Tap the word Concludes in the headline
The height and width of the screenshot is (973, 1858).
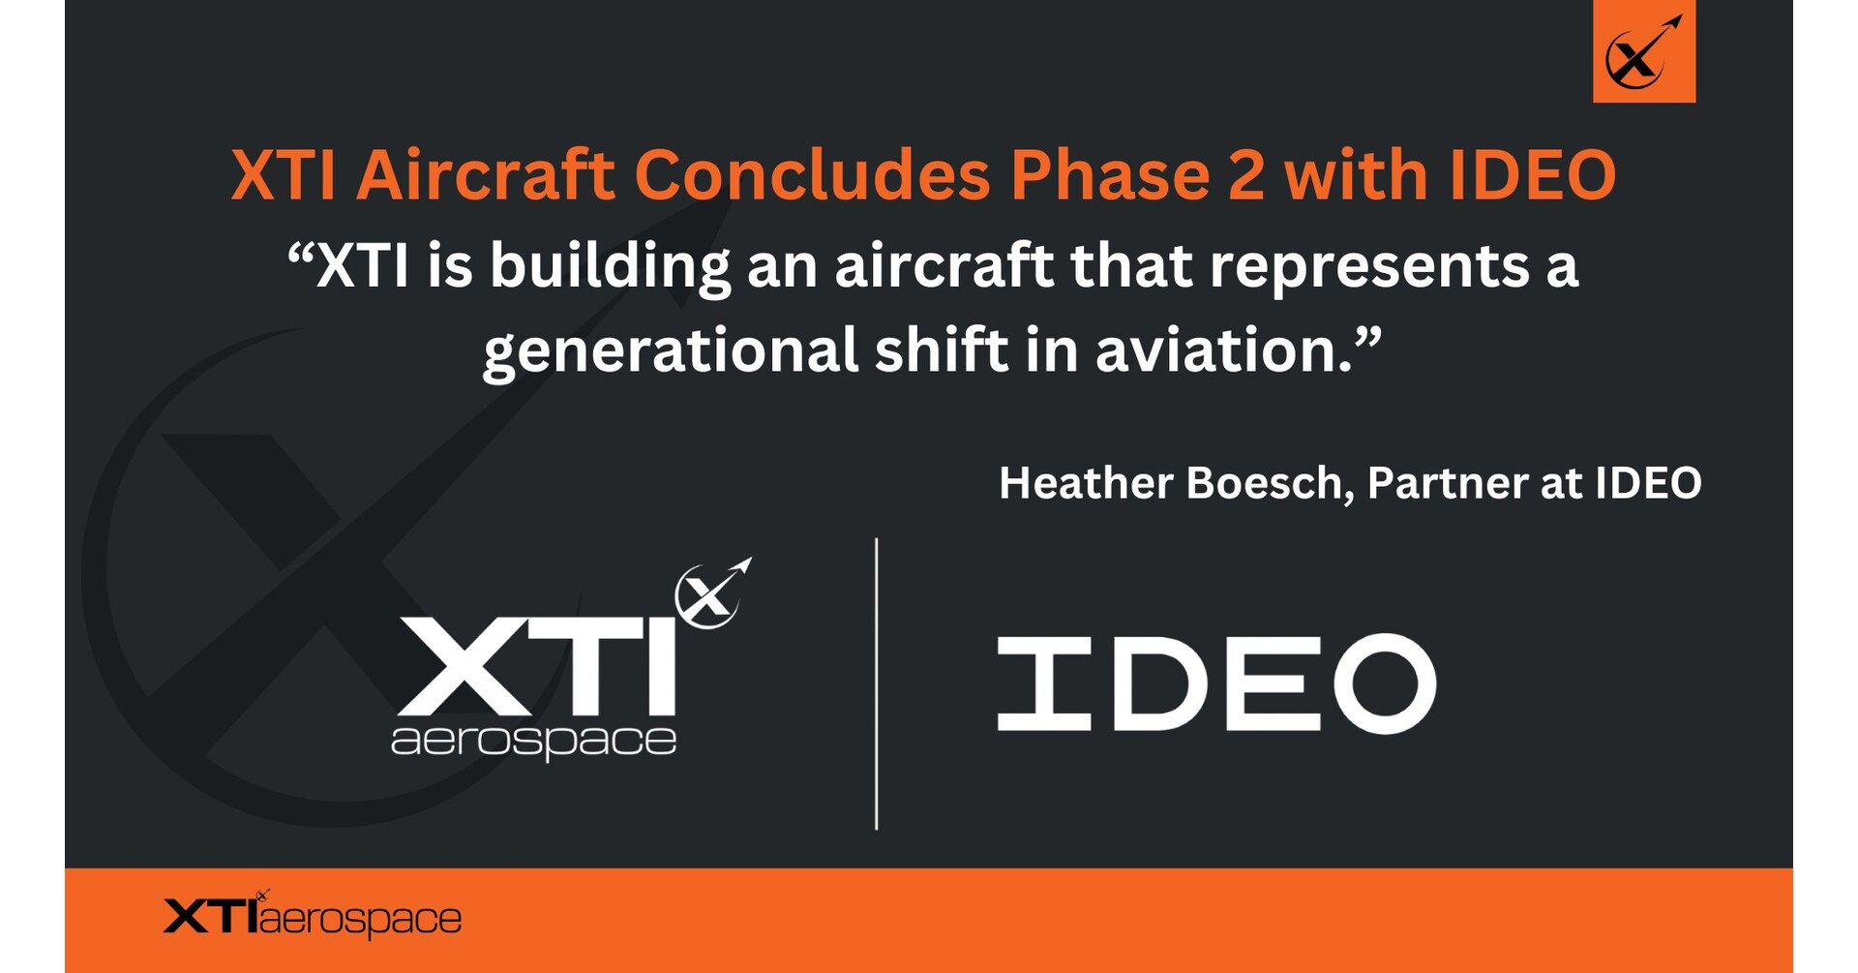(812, 175)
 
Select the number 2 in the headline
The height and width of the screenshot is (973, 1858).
(1245, 176)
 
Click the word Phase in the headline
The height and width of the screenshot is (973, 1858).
(1110, 175)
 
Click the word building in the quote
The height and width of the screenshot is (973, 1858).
(611, 266)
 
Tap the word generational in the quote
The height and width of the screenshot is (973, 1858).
(670, 351)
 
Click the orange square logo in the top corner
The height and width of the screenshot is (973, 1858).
(1644, 51)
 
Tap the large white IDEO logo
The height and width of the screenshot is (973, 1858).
(1216, 684)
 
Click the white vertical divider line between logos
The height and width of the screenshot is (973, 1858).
(877, 684)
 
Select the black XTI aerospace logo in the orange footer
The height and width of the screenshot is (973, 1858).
(313, 915)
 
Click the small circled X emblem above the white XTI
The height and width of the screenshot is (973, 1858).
(713, 593)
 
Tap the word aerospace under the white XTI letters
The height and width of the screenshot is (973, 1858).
(533, 742)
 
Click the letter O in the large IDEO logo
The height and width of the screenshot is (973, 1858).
(1385, 684)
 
